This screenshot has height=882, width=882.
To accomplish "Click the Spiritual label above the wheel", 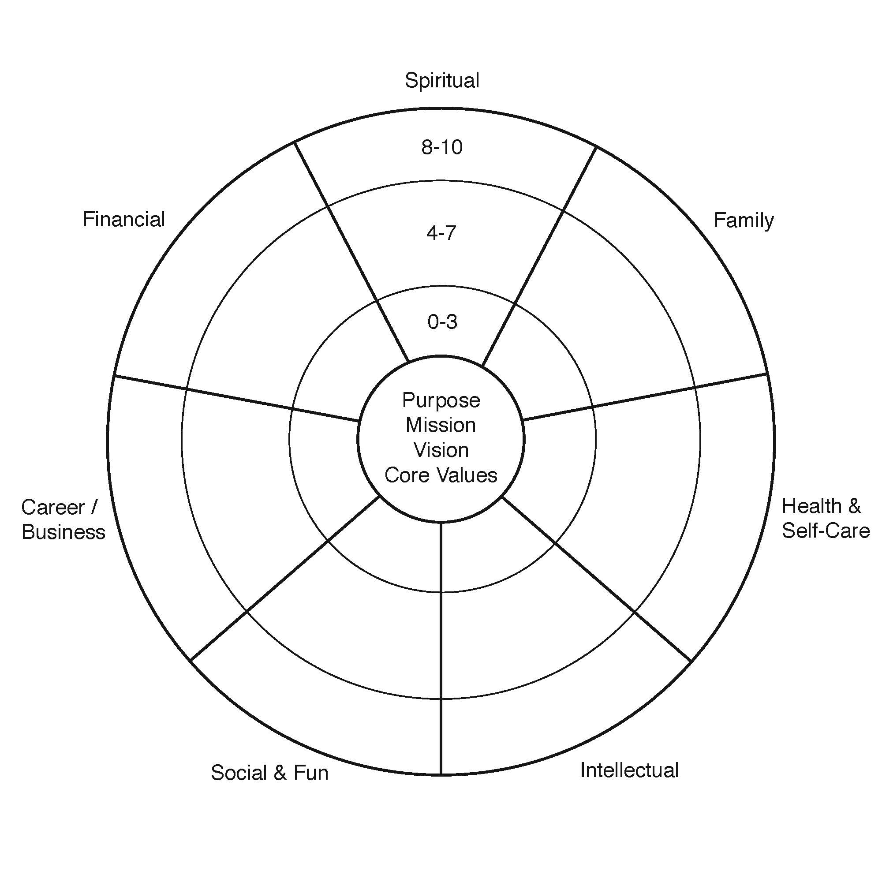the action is (442, 81).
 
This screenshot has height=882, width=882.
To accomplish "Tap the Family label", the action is (744, 221).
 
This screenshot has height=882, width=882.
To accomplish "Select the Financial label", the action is (124, 219).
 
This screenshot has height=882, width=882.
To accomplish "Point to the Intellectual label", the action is (629, 770).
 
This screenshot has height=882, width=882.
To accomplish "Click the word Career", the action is (53, 507).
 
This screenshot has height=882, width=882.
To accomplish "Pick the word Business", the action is (64, 532).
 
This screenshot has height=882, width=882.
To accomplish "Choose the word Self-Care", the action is (826, 531).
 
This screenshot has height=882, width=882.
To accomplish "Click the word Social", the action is (239, 773).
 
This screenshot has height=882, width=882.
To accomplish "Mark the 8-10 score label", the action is (442, 147).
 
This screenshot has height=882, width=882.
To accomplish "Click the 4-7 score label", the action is (441, 233).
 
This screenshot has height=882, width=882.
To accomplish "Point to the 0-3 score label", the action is (442, 322).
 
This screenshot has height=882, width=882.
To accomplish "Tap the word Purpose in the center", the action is (441, 401).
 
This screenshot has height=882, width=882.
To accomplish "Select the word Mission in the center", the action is (441, 425).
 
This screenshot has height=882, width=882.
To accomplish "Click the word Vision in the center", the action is (441, 450).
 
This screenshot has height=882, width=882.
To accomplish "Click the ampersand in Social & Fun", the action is (280, 773).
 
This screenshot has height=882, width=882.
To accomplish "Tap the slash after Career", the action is (94, 507).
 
